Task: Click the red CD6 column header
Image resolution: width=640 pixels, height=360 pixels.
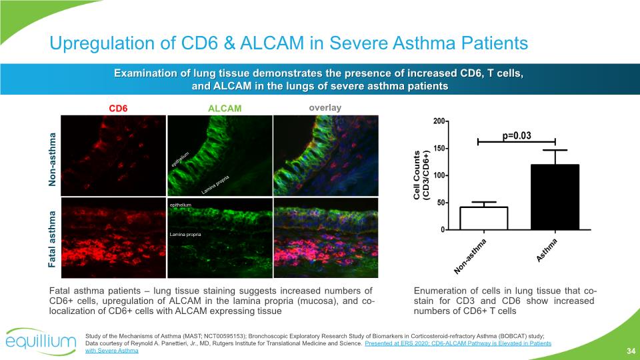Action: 118,108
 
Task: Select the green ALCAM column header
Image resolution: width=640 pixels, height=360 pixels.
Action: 225,108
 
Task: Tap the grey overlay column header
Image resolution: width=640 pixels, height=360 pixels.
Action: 325,108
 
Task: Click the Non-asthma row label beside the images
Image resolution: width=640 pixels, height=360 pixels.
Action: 52,159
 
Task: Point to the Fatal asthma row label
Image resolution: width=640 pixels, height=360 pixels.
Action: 52,239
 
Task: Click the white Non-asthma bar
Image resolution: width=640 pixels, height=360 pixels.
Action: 484,219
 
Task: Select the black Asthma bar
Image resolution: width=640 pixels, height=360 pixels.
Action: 555,197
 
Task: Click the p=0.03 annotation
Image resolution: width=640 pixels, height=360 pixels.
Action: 517,135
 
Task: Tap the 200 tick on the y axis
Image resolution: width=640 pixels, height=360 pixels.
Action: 439,121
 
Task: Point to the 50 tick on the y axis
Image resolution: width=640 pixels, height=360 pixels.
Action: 441,203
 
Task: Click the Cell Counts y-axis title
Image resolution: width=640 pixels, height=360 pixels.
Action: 421,175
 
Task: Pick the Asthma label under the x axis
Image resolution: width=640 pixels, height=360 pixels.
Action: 546,250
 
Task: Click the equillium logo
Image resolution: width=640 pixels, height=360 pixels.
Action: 41,341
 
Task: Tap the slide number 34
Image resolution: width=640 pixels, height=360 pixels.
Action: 631,351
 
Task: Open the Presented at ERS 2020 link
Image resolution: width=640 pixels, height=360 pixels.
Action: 458,343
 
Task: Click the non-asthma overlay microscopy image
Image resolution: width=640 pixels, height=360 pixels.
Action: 326,155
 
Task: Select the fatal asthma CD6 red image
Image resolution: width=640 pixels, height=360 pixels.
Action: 113,238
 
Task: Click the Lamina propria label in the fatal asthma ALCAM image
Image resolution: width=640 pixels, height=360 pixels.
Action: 185,234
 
